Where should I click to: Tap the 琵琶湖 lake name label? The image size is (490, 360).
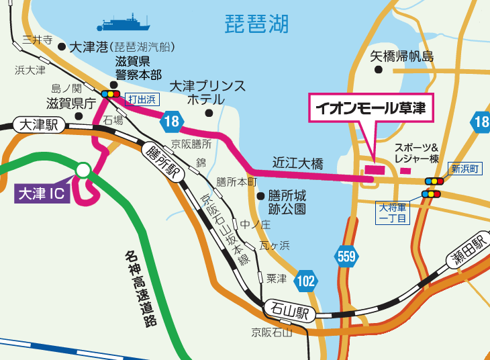(x=256, y=26)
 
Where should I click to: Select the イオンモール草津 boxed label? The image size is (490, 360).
(x=371, y=108)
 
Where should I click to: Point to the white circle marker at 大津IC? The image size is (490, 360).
(x=83, y=171)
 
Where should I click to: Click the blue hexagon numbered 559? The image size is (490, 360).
(x=346, y=256)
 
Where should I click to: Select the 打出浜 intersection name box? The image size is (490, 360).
(x=141, y=99)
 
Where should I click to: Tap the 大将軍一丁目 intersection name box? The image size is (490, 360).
(x=393, y=212)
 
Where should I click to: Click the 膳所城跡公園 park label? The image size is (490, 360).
(x=287, y=201)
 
